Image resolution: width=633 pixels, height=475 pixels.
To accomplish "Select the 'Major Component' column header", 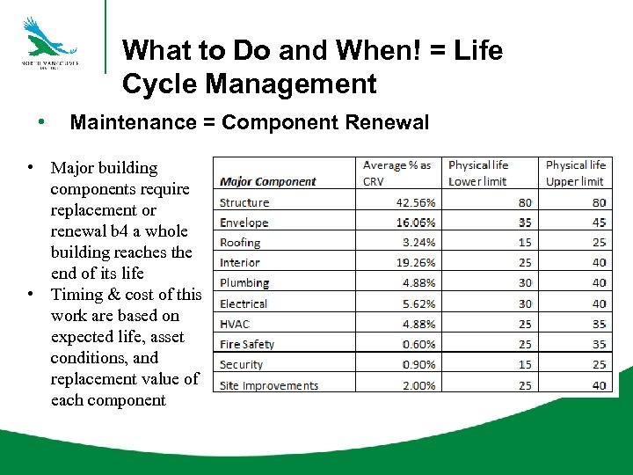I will [x=267, y=182].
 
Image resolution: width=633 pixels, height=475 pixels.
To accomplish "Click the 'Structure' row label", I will [x=244, y=202].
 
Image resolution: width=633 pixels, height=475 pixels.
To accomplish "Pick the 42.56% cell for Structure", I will [x=415, y=202].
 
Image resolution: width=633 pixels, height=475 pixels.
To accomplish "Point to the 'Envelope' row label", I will [x=244, y=223].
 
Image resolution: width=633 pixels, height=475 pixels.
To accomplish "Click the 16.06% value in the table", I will [x=415, y=223].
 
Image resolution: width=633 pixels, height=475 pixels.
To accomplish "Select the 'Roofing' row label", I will [x=240, y=243].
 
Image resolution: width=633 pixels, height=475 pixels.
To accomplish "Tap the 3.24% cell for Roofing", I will [x=418, y=243].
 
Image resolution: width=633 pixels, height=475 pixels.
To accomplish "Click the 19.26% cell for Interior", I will [x=415, y=263].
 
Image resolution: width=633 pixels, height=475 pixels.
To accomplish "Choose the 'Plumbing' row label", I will [x=244, y=283].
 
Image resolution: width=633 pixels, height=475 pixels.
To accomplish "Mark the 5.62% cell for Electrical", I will [x=418, y=303].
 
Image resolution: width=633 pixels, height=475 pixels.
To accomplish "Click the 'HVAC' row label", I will [x=235, y=324].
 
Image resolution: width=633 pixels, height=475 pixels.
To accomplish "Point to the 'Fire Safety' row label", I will [x=247, y=344].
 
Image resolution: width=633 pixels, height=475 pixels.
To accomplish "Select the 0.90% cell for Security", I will [x=418, y=364].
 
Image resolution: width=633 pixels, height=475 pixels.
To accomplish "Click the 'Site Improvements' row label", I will [x=269, y=385].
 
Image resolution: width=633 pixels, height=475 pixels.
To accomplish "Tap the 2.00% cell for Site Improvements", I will [x=418, y=385].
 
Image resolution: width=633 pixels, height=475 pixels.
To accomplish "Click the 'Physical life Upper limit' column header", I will [x=575, y=173].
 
